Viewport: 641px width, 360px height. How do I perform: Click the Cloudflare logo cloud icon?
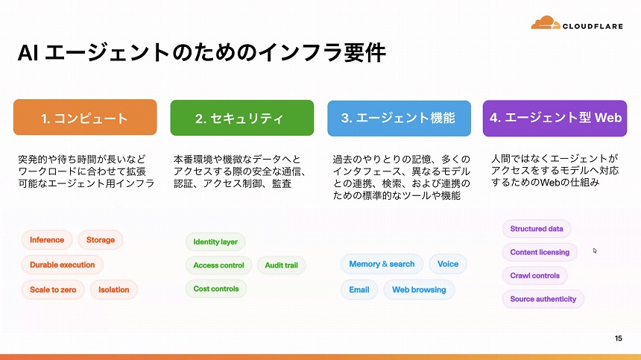pyautogui.click(x=546, y=23)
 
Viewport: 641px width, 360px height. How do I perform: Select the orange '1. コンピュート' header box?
pyautogui.click(x=85, y=118)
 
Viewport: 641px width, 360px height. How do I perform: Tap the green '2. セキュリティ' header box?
pyautogui.click(x=240, y=118)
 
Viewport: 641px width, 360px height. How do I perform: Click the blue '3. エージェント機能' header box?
pyautogui.click(x=399, y=118)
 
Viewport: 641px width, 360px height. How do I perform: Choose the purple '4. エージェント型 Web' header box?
pyautogui.click(x=556, y=118)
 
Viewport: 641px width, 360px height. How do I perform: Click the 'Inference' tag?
pyautogui.click(x=48, y=240)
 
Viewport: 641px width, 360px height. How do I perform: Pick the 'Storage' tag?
pyautogui.click(x=101, y=240)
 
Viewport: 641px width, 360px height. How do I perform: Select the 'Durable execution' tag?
pyautogui.click(x=63, y=265)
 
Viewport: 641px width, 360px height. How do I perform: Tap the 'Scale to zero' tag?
pyautogui.click(x=54, y=289)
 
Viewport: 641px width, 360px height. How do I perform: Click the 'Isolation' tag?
pyautogui.click(x=114, y=289)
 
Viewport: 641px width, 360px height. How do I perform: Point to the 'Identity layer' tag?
pyautogui.click(x=215, y=241)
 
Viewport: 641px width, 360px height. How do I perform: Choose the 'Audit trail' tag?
pyautogui.click(x=282, y=265)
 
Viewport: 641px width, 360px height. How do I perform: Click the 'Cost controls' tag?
pyautogui.click(x=216, y=288)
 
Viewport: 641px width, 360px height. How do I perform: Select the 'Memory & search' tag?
pyautogui.click(x=382, y=264)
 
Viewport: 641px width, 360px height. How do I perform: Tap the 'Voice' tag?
pyautogui.click(x=448, y=264)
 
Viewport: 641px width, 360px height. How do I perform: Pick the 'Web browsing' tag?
pyautogui.click(x=419, y=289)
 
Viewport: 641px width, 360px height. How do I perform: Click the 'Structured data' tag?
pyautogui.click(x=537, y=229)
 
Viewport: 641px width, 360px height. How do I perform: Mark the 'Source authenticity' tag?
pyautogui.click(x=543, y=299)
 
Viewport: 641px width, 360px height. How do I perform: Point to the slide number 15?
pyautogui.click(x=618, y=339)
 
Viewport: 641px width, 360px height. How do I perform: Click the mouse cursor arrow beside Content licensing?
pyautogui.click(x=595, y=250)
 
